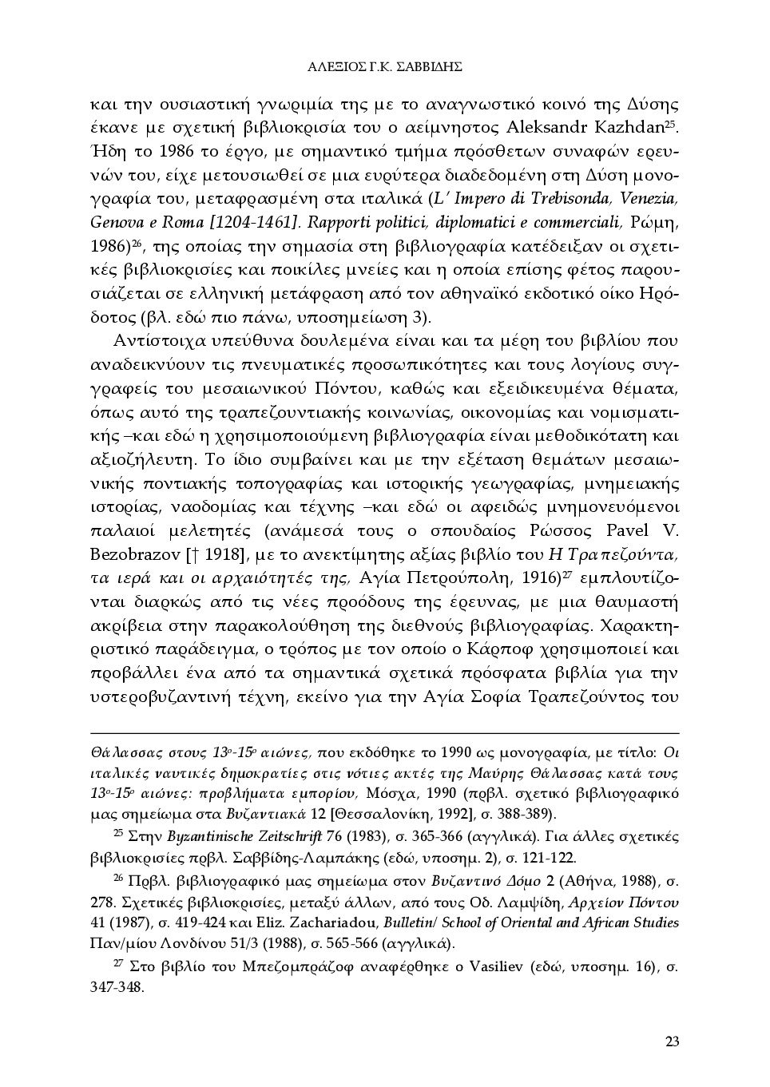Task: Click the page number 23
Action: tap(672, 1041)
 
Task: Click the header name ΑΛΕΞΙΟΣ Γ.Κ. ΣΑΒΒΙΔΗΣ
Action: tap(385, 67)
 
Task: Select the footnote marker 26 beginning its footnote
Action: tap(120, 879)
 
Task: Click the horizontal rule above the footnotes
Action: tap(385, 732)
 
